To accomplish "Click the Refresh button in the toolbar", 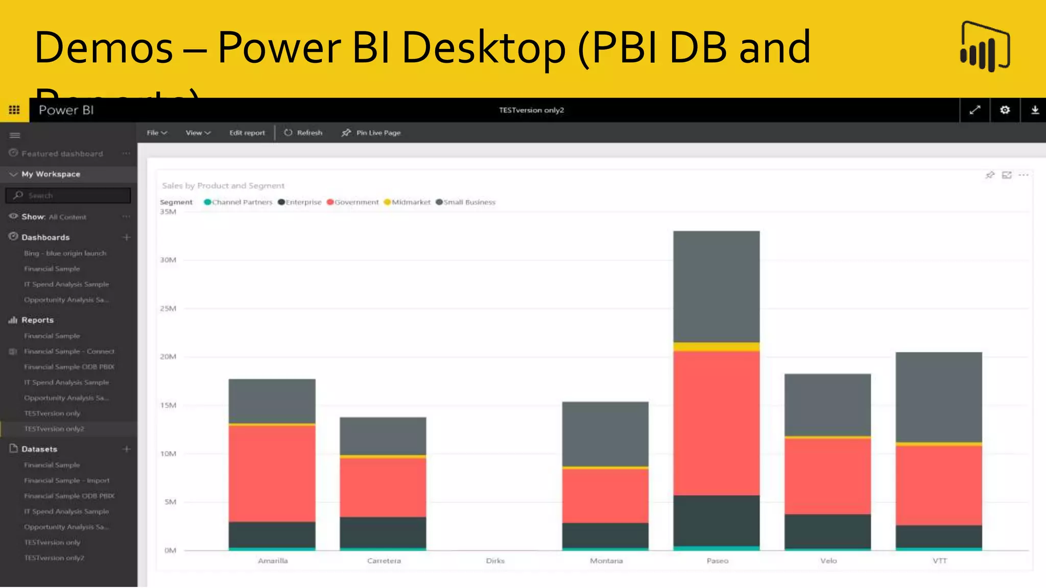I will (304, 133).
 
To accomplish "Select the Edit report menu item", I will (247, 133).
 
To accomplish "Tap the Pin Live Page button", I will (371, 133).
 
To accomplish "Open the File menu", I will (156, 133).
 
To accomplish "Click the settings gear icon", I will (1005, 110).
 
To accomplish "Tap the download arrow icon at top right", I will (1035, 110).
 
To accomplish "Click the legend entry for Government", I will (353, 202).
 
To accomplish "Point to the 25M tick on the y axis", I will (168, 308).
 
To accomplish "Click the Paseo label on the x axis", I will (717, 560).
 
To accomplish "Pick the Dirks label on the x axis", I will (495, 560).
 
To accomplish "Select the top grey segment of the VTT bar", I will (939, 396).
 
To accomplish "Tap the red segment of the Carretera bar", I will (383, 487).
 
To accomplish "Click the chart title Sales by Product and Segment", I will (223, 186).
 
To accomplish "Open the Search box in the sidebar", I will (68, 195).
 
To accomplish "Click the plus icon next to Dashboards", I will (127, 237).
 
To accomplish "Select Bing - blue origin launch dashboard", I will (65, 253).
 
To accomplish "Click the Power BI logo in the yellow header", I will (985, 47).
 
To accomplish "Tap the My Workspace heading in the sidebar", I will (51, 174).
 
